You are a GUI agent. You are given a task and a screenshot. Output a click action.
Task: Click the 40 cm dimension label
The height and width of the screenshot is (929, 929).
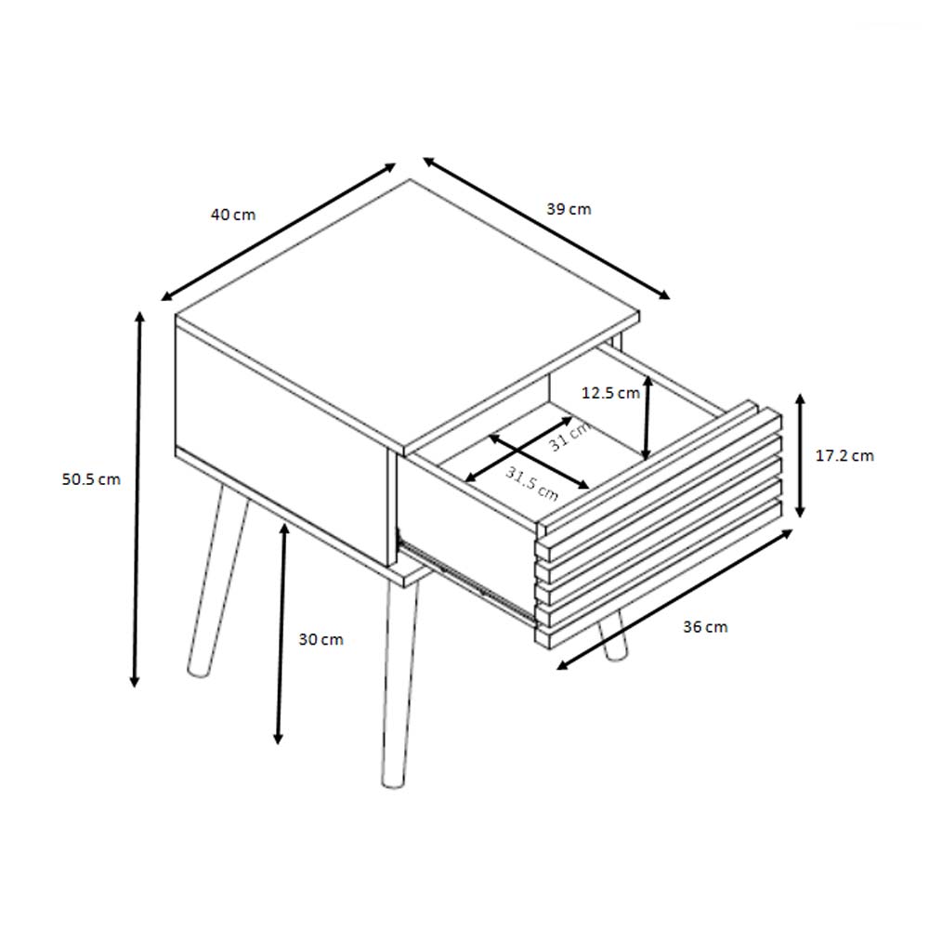click(x=233, y=215)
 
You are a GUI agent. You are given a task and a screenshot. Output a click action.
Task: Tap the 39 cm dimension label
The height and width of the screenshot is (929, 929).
click(x=569, y=209)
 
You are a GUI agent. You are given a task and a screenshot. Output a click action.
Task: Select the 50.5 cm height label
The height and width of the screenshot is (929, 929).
click(x=91, y=479)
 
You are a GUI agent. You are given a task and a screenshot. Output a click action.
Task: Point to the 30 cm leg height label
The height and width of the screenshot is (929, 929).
click(x=321, y=640)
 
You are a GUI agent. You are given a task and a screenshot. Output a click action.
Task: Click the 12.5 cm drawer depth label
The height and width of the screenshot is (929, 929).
click(x=610, y=393)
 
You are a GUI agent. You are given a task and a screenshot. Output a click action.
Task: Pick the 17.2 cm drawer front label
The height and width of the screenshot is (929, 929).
click(x=844, y=455)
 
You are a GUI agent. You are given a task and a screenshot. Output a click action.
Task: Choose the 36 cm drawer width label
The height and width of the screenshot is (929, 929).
click(x=705, y=627)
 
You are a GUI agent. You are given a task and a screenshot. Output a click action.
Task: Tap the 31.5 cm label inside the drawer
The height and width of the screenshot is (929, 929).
click(x=532, y=483)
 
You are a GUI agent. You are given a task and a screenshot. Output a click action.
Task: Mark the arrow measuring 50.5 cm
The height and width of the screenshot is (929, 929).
click(x=137, y=499)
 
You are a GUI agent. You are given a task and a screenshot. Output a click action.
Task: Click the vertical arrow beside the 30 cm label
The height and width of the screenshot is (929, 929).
click(x=281, y=634)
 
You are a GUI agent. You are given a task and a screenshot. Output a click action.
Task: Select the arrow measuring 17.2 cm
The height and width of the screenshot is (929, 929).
click(x=800, y=455)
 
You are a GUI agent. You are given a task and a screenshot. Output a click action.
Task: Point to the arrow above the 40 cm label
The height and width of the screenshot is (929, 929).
click(x=279, y=231)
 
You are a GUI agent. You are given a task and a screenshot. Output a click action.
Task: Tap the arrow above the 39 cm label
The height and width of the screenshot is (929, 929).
click(x=546, y=229)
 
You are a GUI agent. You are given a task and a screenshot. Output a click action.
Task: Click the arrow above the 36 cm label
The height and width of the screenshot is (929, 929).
click(x=674, y=599)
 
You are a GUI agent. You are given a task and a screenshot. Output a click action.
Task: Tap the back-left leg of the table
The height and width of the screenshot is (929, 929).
click(x=217, y=581)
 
